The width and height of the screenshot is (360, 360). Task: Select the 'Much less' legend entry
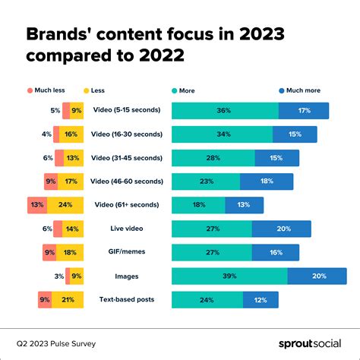tap(45, 90)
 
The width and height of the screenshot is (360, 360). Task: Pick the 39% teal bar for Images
tap(229, 276)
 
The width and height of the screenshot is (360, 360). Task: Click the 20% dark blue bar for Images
tap(317, 276)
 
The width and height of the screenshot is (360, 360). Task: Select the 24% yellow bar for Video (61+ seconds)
tap(65, 205)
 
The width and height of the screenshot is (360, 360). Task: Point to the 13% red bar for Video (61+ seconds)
tap(36, 205)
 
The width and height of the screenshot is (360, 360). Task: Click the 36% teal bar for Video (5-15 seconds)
tap(225, 111)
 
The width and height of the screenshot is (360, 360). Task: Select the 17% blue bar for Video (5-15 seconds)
tap(304, 111)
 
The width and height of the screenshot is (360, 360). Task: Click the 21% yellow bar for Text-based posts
tap(68, 299)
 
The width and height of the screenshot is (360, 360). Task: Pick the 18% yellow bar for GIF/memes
tap(69, 252)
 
